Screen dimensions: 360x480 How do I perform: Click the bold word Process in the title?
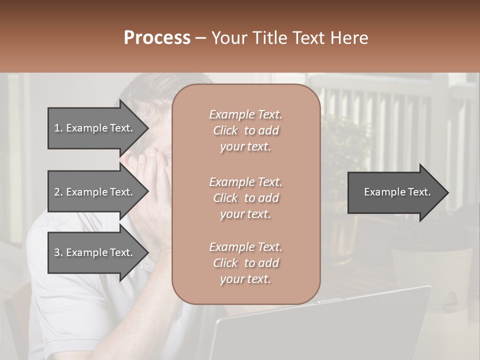tap(157, 38)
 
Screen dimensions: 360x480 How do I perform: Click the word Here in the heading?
tap(348, 38)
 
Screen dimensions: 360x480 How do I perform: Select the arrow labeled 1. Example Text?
tap(95, 128)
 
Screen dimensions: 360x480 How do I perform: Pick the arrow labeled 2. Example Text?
tap(95, 192)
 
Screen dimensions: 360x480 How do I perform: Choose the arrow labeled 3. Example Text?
tap(95, 252)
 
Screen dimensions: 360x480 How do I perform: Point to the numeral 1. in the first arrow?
tap(58, 128)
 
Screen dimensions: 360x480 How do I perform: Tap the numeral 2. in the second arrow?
tap(58, 192)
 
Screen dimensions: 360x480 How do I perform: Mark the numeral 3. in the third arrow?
tap(58, 252)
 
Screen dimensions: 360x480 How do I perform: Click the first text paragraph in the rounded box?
tap(245, 130)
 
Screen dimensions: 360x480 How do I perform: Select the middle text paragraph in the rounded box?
tap(245, 198)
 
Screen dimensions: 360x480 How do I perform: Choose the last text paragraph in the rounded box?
tap(245, 263)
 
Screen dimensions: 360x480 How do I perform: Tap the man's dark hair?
tap(150, 90)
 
